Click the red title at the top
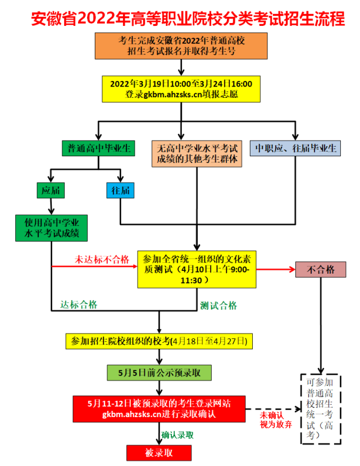click(x=180, y=19)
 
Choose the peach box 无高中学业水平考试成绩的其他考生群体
click(x=197, y=153)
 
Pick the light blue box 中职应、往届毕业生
click(x=295, y=148)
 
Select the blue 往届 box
click(x=121, y=191)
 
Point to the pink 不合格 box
click(x=320, y=269)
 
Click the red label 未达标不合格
click(x=102, y=259)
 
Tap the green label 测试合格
click(x=218, y=306)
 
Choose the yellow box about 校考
click(x=160, y=341)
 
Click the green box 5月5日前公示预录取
click(x=160, y=372)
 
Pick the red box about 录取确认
click(x=160, y=409)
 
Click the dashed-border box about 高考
click(x=320, y=409)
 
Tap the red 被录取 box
click(x=160, y=453)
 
